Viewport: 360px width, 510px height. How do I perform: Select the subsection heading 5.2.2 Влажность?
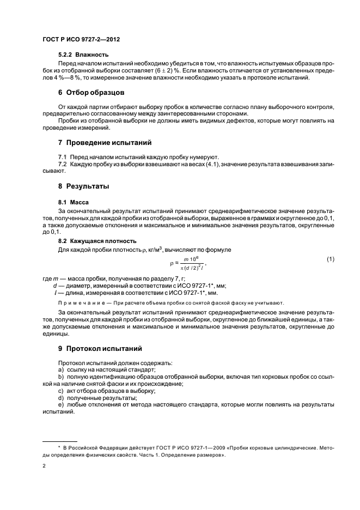tap(83, 54)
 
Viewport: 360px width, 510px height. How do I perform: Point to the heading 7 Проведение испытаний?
tap(105, 143)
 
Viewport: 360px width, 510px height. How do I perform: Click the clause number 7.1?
tap(63, 156)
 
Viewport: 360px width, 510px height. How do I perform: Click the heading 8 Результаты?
tap(84, 187)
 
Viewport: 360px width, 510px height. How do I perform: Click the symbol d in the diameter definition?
tap(55, 286)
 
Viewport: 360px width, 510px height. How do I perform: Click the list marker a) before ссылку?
tap(60, 369)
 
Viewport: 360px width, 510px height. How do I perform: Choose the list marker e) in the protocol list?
tap(60, 405)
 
